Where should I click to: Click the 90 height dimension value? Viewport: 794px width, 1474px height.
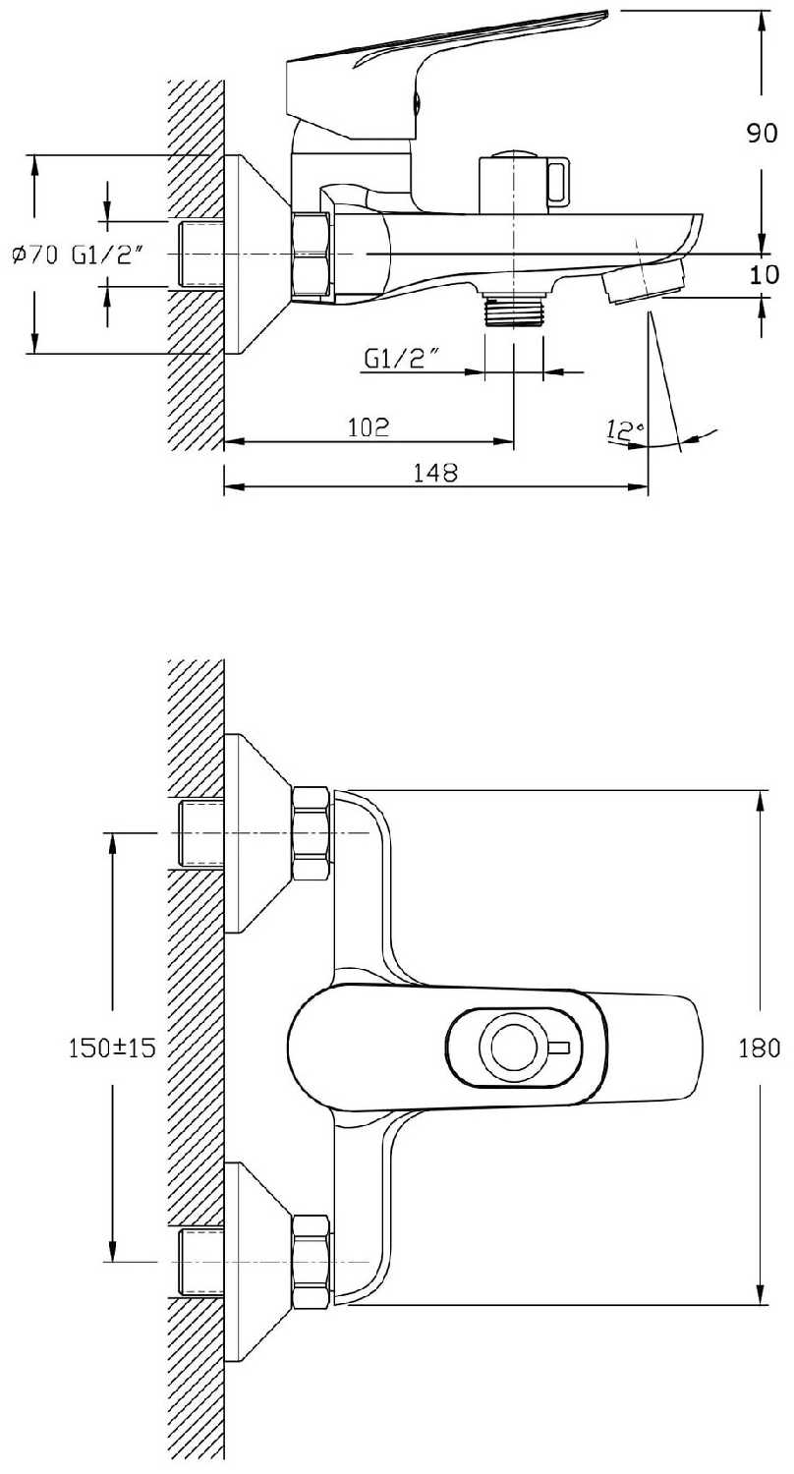tap(763, 135)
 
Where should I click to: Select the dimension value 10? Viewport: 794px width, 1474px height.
tap(763, 274)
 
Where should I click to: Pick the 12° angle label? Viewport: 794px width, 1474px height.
tap(624, 430)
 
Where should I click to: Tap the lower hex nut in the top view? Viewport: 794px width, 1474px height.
tap(312, 1262)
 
